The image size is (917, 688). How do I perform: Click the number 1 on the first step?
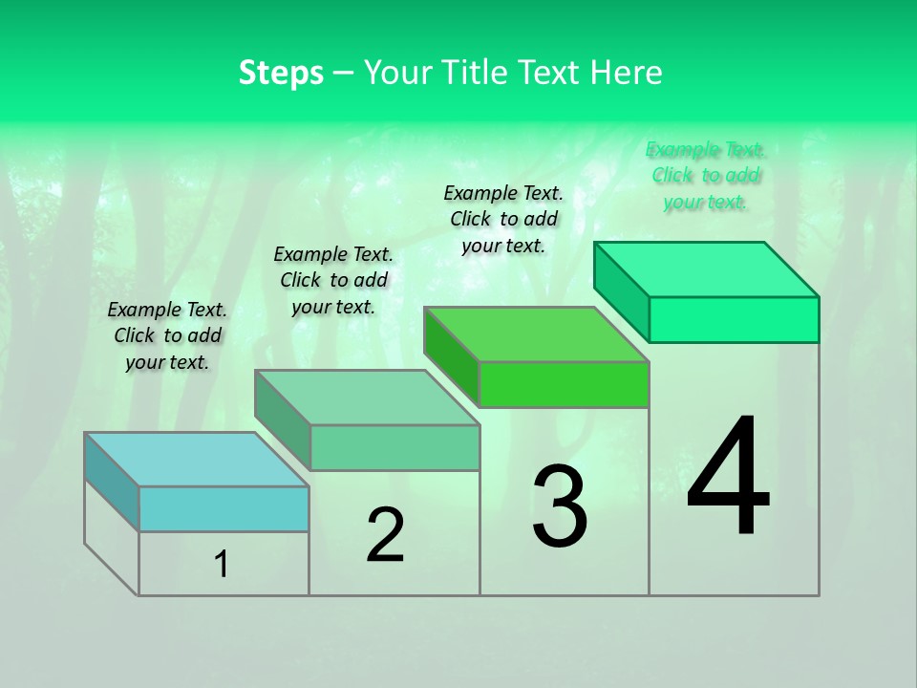(222, 565)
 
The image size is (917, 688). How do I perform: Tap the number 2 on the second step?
(385, 535)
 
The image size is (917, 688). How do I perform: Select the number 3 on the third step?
(560, 506)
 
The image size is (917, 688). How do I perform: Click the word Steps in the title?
(281, 73)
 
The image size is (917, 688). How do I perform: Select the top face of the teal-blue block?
(196, 460)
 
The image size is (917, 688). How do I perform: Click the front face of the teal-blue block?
(224, 508)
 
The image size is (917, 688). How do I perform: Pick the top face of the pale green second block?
(367, 398)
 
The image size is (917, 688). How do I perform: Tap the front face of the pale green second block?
(395, 447)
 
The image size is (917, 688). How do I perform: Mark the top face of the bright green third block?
(537, 334)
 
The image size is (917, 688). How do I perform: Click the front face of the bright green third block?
(564, 384)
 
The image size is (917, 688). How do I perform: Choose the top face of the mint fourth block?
(707, 269)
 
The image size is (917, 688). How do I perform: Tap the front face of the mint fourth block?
(734, 319)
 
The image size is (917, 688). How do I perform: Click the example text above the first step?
(167, 335)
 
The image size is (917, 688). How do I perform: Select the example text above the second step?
(333, 280)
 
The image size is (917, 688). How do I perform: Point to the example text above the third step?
(503, 219)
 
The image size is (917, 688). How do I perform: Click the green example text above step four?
(706, 175)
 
